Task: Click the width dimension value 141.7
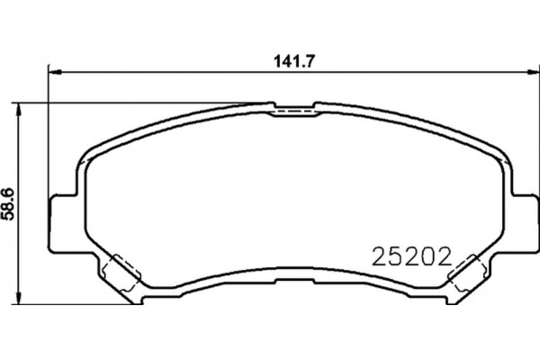[x=293, y=61]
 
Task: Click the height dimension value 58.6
[x=7, y=203]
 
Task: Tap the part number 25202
[x=411, y=257]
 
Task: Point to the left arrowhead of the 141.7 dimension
[x=55, y=72]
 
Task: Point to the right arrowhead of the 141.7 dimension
[x=532, y=72]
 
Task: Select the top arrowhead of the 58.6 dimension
[x=19, y=110]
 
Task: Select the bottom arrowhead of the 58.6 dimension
[x=19, y=297]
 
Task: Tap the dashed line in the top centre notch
[x=295, y=112]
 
